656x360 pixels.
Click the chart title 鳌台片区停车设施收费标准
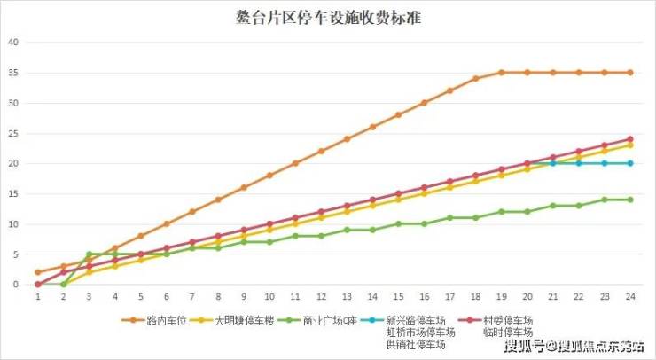pyautogui.click(x=328, y=16)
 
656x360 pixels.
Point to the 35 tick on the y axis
pyautogui.click(x=12, y=73)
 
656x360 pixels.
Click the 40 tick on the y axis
pyautogui.click(x=12, y=42)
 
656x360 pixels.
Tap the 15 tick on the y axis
pyautogui.click(x=12, y=193)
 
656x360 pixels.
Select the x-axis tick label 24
pyautogui.click(x=630, y=297)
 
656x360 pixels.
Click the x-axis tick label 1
pyautogui.click(x=38, y=297)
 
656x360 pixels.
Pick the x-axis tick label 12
pyautogui.click(x=321, y=297)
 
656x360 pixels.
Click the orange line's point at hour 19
pyautogui.click(x=502, y=72)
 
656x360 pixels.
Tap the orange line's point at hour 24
pyautogui.click(x=630, y=72)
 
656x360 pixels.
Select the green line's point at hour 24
pyautogui.click(x=630, y=200)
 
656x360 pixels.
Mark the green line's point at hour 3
pyautogui.click(x=90, y=254)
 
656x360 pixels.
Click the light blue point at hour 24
pyautogui.click(x=630, y=163)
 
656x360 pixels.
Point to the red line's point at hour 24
pyautogui.click(x=630, y=139)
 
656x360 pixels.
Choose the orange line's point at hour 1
pyautogui.click(x=38, y=272)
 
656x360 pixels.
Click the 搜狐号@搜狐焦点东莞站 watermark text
pyautogui.click(x=574, y=345)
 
